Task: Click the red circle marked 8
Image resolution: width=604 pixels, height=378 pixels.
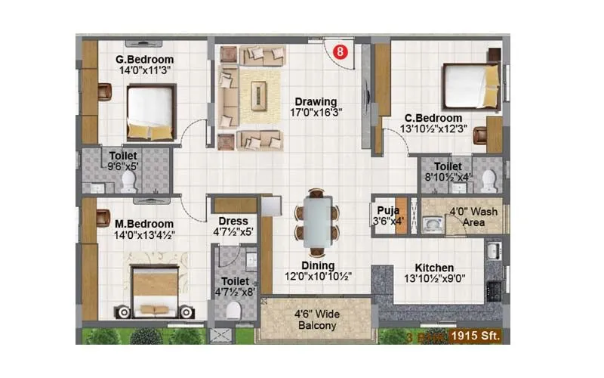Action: coord(341,52)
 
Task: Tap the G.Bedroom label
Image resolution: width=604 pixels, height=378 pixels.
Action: coord(144,60)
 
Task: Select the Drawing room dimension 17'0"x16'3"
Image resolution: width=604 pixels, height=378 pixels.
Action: coord(316,113)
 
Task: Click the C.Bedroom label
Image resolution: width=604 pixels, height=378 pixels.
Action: coord(433,118)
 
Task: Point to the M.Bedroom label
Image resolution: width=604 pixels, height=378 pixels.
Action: coord(144,224)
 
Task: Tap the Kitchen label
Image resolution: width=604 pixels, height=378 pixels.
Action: coord(434,268)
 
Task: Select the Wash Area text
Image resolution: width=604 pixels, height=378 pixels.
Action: coord(474,217)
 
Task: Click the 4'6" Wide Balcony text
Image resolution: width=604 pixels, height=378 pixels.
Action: coord(316,321)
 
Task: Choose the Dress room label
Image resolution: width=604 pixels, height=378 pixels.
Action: coord(234,222)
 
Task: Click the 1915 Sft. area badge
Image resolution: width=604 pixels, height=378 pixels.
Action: coord(476,333)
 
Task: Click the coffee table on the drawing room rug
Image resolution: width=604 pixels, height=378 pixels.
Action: coord(260,94)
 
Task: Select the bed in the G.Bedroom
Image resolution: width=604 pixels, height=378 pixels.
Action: coord(150,111)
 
